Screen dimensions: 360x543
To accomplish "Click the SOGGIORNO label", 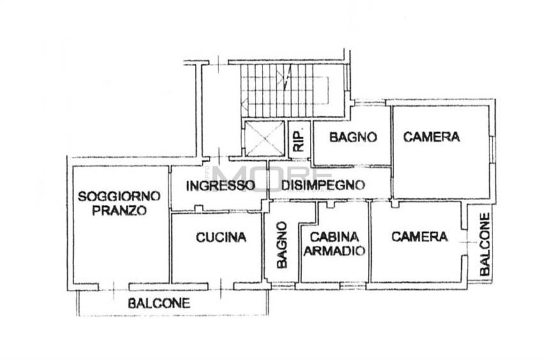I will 119,197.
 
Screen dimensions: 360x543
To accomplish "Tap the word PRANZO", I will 119,211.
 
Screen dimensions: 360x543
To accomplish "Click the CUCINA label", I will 221,237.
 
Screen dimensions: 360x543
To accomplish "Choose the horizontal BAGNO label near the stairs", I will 353,137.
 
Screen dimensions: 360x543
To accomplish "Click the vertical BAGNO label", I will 281,244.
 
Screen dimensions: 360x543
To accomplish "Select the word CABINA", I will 334,236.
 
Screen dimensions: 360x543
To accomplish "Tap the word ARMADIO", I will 334,251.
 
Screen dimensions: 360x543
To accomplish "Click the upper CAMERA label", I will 432,137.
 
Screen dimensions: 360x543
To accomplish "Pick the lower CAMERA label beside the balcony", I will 420,237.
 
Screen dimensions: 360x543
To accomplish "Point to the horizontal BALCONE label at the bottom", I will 159,303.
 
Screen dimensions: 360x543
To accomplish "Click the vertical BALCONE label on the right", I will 486,244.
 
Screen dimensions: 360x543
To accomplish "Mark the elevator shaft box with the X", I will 264,138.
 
